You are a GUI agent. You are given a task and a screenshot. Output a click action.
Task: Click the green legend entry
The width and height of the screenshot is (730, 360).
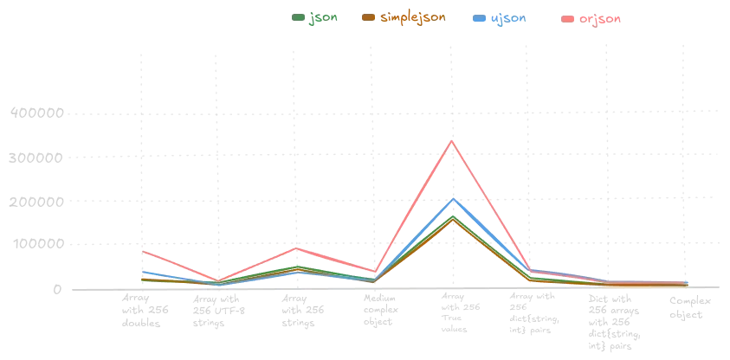tap(313, 17)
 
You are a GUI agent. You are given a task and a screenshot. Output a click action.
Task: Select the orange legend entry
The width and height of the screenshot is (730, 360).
tap(406, 17)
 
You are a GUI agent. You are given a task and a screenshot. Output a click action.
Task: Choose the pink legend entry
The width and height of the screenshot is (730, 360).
tap(592, 17)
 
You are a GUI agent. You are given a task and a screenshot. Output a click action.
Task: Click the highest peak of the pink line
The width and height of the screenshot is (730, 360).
tap(452, 140)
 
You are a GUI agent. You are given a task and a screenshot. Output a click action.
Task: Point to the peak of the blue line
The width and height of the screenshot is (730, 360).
tap(452, 198)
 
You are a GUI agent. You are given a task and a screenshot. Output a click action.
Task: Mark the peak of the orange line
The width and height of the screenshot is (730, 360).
tap(452, 222)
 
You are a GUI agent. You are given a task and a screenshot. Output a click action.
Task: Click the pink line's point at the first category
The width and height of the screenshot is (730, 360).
tap(141, 251)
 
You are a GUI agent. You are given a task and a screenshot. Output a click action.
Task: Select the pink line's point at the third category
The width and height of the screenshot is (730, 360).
tap(296, 247)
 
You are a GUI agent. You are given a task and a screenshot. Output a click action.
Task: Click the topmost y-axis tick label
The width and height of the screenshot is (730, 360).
tap(36, 111)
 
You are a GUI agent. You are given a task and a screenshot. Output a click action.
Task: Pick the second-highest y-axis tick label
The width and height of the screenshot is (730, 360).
tap(36, 158)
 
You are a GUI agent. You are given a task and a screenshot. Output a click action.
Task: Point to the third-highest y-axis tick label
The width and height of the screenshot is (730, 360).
tap(36, 201)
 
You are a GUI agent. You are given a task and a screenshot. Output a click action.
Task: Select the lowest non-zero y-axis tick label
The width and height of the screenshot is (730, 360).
tap(36, 242)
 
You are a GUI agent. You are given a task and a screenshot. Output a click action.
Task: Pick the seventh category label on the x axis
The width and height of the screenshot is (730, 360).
tap(609, 316)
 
